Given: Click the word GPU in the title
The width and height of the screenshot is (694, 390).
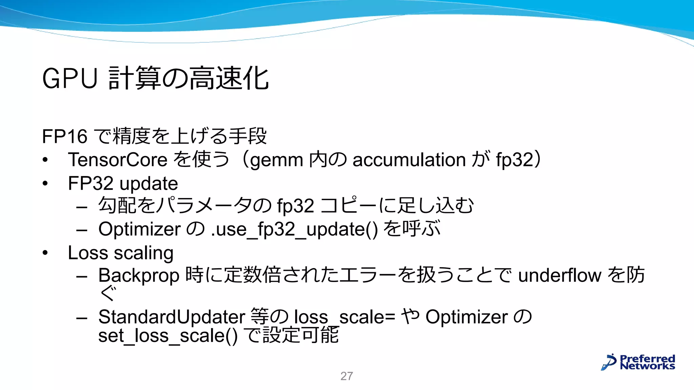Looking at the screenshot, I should [70, 79].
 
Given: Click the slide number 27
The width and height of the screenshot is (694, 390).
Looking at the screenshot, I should [346, 376].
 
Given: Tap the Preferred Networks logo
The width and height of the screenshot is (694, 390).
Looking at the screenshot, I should [638, 362].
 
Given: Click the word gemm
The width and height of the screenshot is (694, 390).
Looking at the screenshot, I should [276, 160].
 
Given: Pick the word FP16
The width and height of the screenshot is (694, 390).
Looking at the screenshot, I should [65, 136].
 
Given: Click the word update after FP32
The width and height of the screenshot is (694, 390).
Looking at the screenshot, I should [149, 184].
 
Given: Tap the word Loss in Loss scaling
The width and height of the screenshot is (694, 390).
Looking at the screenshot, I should [88, 253].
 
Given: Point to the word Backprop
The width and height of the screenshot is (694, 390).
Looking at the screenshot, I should [139, 276].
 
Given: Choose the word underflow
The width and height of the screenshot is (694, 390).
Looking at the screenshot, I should [559, 275].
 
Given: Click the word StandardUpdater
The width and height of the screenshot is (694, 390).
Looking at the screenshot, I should [171, 317].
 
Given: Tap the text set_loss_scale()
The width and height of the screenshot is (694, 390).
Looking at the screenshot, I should [168, 336].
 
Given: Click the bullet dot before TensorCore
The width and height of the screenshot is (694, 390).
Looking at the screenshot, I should [45, 160].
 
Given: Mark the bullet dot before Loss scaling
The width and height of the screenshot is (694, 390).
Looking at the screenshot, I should [45, 253].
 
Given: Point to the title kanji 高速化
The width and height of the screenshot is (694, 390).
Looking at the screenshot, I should [229, 79].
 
